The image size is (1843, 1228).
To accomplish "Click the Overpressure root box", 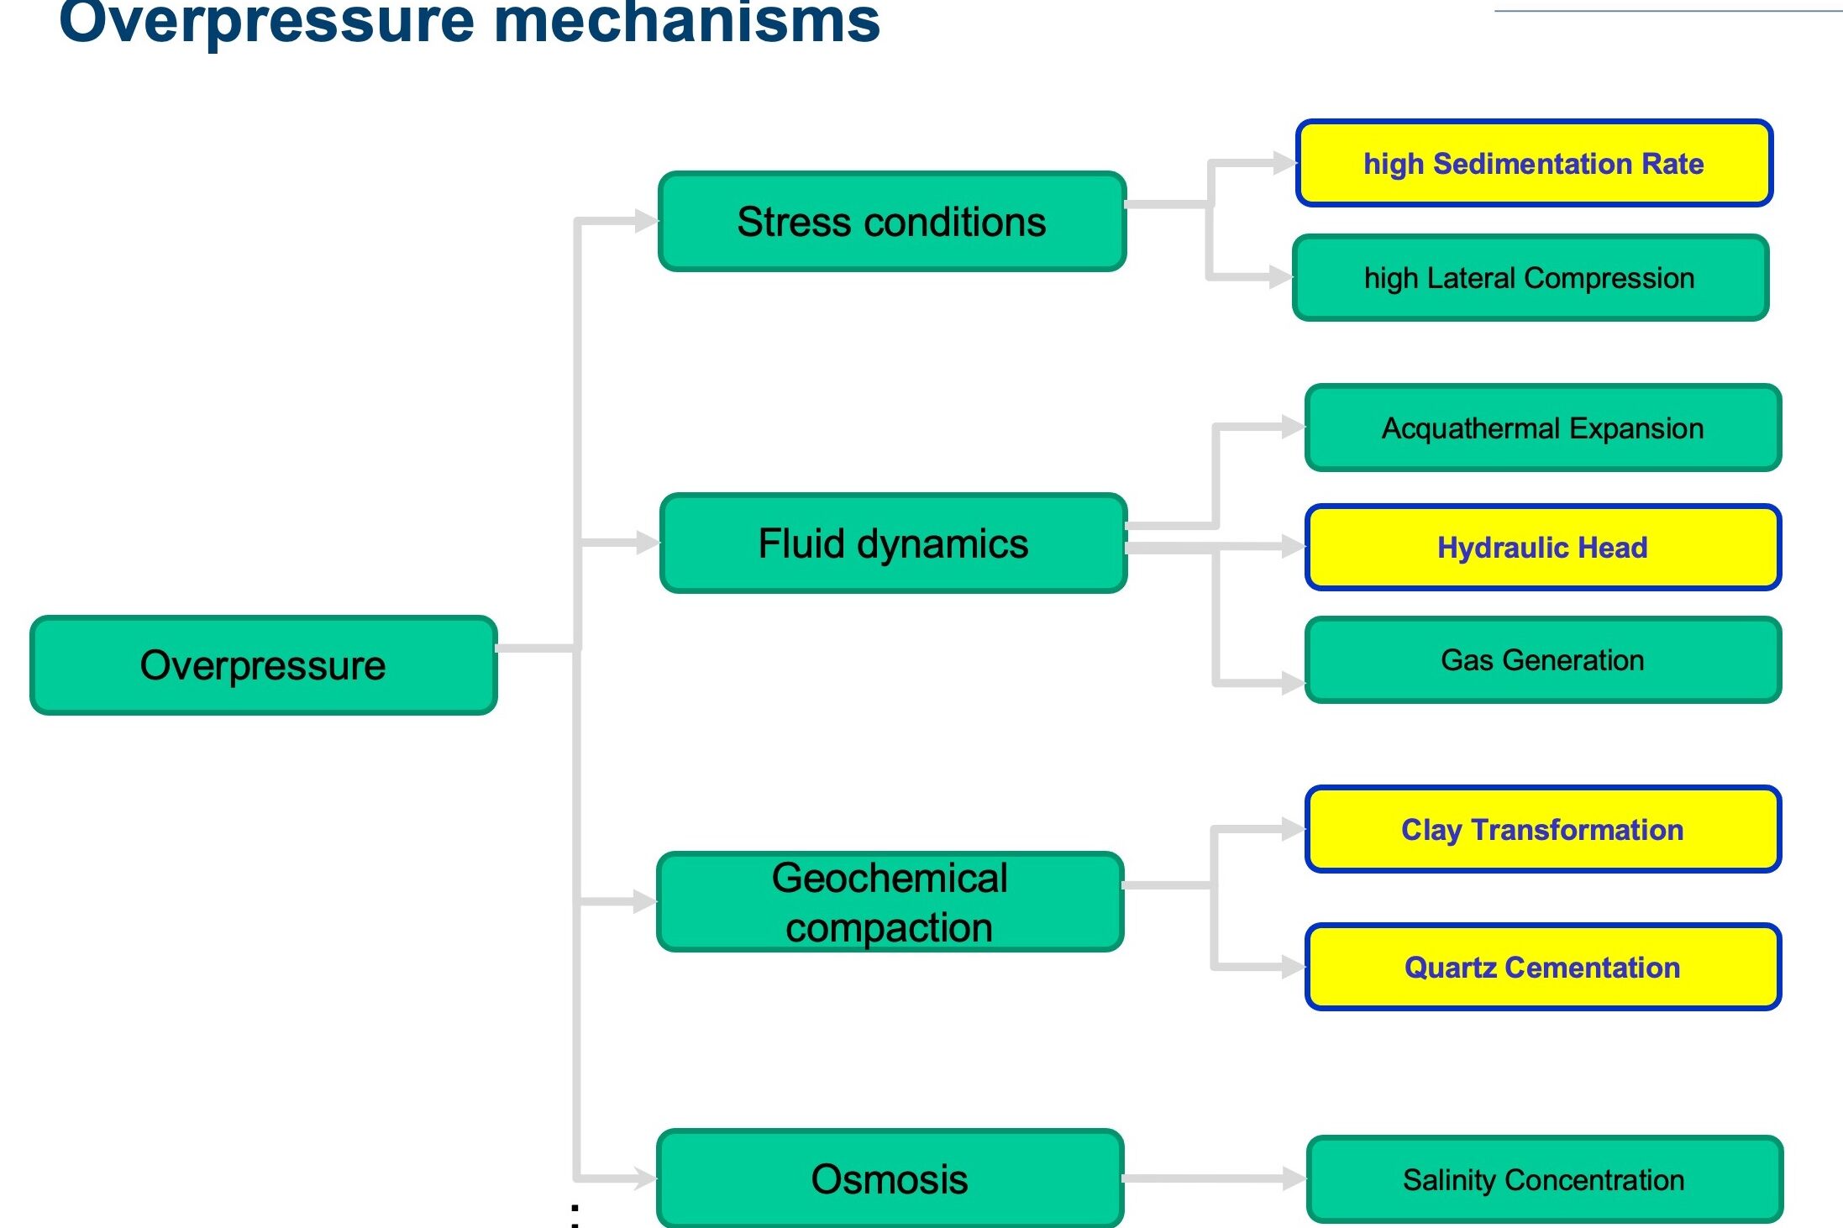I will (263, 665).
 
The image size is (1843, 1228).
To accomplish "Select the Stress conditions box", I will (891, 222).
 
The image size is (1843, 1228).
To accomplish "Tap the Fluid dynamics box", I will (893, 543).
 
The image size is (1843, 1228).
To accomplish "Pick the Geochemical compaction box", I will (890, 902).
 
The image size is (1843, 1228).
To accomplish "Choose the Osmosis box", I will (890, 1178).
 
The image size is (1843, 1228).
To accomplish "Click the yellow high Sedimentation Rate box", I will (1534, 163).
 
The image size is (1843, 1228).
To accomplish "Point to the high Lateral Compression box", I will (1530, 278).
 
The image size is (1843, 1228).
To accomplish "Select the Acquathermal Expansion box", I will (1543, 428).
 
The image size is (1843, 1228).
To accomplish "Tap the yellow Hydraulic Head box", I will (1543, 548).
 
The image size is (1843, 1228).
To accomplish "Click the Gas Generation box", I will (1543, 660).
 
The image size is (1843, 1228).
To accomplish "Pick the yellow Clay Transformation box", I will (1543, 830).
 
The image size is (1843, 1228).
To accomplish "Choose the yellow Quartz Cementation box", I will (1543, 967).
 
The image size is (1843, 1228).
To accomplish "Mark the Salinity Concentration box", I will (1544, 1179).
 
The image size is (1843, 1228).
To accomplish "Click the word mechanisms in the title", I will (685, 22).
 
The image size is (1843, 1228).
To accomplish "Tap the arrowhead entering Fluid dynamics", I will (648, 543).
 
